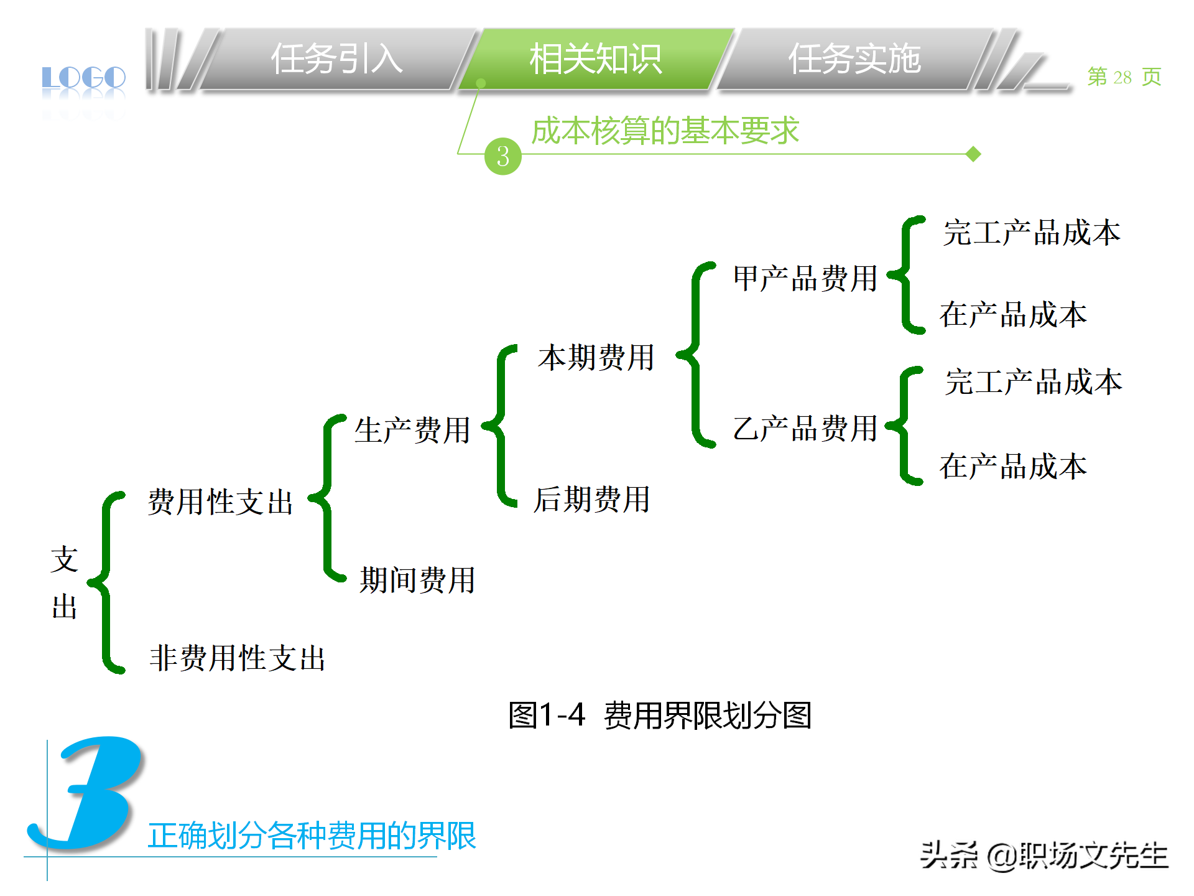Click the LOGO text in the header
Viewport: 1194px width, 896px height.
click(83, 78)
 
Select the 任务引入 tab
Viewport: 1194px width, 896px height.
click(336, 60)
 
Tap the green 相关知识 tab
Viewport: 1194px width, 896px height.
click(595, 60)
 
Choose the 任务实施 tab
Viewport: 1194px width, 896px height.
click(854, 60)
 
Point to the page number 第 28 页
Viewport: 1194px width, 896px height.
click(1124, 77)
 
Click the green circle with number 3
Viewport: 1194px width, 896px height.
click(502, 156)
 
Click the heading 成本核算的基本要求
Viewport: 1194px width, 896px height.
click(665, 131)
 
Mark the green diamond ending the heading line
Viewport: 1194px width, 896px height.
click(973, 154)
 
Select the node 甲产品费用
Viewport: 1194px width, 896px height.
click(805, 278)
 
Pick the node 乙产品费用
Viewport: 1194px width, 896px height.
click(805, 429)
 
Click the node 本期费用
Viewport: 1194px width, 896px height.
click(596, 358)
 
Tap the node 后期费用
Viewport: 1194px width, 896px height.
click(592, 500)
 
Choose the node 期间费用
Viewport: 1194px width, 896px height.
click(417, 580)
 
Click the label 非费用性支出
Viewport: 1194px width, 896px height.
click(237, 658)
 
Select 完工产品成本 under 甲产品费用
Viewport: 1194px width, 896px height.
click(1032, 233)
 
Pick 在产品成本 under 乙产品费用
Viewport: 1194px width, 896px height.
click(1013, 467)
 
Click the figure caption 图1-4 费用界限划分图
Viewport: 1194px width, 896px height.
click(660, 715)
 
